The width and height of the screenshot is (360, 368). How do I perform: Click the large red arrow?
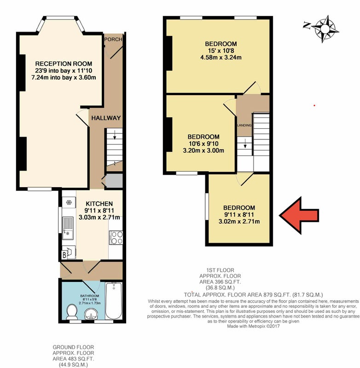298,215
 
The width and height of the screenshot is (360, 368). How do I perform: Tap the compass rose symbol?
325,29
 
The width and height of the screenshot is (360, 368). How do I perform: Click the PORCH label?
113,39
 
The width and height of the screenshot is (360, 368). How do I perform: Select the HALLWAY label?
106,118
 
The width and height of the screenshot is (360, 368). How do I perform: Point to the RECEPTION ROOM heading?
64,63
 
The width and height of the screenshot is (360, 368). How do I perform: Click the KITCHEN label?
99,204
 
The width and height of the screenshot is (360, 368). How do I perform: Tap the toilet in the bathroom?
72,312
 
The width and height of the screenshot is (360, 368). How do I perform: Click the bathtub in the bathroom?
114,301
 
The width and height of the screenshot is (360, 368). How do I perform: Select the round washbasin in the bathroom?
91,314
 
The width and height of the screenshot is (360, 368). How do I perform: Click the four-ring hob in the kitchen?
116,237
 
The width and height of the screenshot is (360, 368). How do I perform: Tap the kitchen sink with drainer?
68,228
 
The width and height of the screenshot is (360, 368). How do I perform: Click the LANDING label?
244,125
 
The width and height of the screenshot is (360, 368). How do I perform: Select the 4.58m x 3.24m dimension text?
221,57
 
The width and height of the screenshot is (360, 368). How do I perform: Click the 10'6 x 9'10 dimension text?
203,144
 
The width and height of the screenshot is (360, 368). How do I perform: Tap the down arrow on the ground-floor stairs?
115,135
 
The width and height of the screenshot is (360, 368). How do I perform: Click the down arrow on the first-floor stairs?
245,143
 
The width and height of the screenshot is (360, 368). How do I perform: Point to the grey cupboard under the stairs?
114,180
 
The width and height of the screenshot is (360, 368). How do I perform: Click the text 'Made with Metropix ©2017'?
253,326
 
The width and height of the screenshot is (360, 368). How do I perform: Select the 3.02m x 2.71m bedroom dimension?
239,221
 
